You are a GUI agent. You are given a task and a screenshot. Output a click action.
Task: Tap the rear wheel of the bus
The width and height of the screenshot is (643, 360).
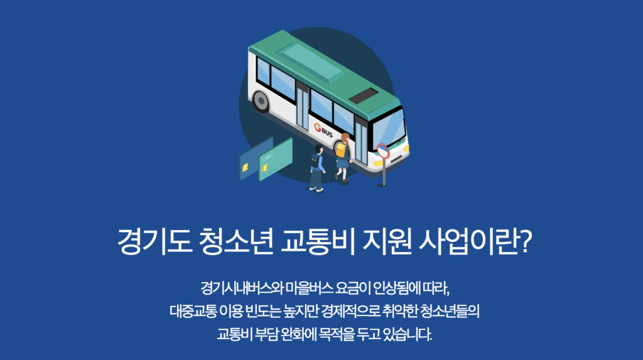point(261,101)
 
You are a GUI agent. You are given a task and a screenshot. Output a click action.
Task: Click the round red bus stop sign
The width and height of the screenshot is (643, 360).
point(383,151)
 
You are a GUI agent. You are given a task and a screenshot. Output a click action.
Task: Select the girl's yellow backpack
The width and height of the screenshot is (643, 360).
point(341,150)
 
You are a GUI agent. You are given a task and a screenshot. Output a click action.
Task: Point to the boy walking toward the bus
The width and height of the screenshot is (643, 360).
point(316,168)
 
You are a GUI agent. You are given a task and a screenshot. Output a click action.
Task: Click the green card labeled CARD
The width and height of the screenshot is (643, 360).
point(276,160)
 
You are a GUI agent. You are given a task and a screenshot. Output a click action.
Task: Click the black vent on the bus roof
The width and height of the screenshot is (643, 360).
point(363,95)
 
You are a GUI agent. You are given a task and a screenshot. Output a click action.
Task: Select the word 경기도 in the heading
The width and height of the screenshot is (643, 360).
point(154,241)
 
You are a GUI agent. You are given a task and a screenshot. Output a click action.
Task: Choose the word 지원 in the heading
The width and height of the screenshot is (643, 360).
point(387,241)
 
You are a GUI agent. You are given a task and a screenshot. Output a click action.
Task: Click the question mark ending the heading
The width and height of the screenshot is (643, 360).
point(526,241)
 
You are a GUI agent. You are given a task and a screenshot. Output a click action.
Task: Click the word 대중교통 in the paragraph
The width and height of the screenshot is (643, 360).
point(193,311)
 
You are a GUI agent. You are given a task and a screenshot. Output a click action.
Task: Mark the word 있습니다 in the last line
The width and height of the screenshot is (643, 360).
point(407,334)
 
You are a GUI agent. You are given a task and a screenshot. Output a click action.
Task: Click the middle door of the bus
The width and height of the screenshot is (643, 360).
point(302,107)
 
